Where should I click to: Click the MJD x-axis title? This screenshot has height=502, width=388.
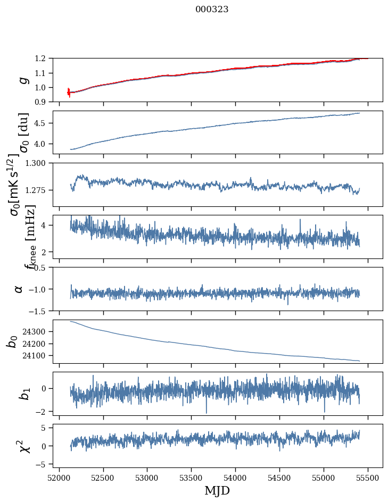(217, 490)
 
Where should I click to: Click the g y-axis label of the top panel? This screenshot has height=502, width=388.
(23, 80)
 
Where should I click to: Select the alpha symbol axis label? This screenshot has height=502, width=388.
(19, 289)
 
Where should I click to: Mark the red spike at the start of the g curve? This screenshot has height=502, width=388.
(69, 93)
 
